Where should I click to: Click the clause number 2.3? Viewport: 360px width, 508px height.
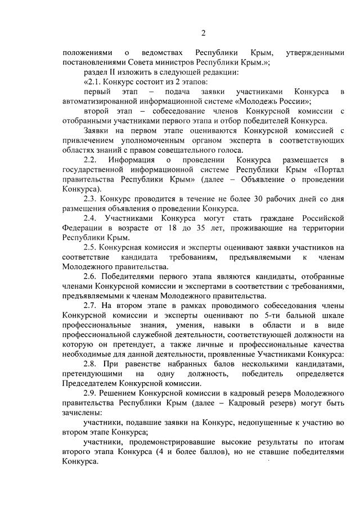point(91,199)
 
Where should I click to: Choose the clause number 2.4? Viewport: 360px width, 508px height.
point(91,218)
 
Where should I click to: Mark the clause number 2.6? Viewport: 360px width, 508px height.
point(91,276)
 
